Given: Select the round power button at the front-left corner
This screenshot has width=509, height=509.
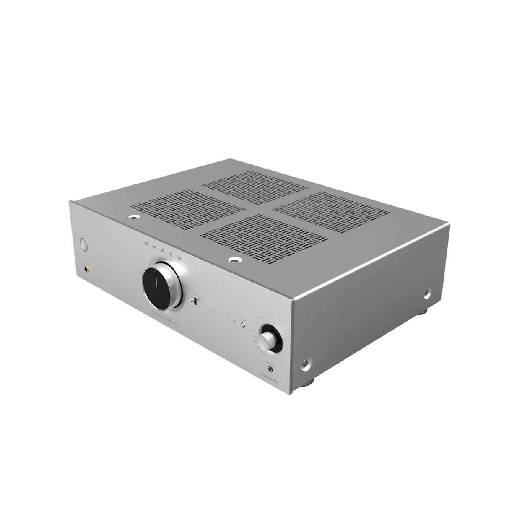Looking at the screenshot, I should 82,244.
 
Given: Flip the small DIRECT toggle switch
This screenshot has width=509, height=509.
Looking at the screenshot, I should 194,300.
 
